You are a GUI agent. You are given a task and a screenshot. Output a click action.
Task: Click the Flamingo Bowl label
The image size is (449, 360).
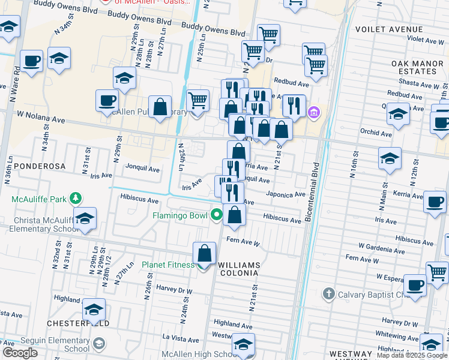click(x=179, y=215)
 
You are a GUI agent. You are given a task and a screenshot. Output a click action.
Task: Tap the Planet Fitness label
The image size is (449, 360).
click(x=168, y=265)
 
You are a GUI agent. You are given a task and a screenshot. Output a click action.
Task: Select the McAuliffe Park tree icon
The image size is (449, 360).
click(x=76, y=197)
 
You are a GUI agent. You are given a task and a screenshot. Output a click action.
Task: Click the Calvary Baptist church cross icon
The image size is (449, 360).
click(x=328, y=294)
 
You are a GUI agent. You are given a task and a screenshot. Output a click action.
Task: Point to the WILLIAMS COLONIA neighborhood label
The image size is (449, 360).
click(x=239, y=269)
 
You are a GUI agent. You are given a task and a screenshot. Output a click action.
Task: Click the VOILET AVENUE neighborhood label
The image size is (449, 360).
click(x=389, y=29)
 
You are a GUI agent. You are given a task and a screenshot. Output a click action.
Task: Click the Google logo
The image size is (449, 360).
click(x=20, y=353)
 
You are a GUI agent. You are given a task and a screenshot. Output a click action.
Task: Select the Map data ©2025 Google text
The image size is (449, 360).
click(x=412, y=355)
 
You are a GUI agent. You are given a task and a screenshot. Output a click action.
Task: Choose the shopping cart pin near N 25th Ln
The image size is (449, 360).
click(x=197, y=100)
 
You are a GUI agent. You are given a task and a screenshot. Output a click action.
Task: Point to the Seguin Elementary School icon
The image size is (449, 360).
click(x=98, y=344)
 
